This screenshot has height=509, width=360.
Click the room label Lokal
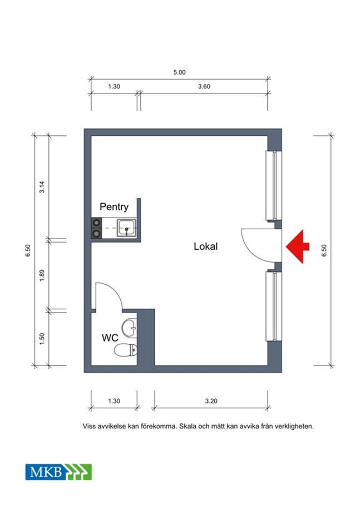(x=205, y=246)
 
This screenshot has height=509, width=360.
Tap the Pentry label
(x=114, y=207)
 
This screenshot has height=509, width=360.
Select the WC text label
(x=110, y=338)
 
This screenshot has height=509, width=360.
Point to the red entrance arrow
(x=297, y=246)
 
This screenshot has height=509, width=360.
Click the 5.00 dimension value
(x=179, y=72)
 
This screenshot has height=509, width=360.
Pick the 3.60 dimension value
(x=204, y=86)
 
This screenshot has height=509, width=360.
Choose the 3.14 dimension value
(x=42, y=187)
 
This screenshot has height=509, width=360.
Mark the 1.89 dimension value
(x=42, y=275)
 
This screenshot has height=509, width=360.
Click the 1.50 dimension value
(x=42, y=339)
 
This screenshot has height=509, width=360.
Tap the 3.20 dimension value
(x=211, y=401)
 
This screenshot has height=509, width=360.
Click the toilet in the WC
(x=125, y=350)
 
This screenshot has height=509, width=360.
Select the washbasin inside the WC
(x=129, y=328)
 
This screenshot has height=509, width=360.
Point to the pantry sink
(x=126, y=228)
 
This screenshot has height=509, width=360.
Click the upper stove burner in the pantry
(x=96, y=223)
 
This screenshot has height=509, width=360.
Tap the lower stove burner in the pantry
(x=96, y=233)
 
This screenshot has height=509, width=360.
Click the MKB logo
(x=58, y=472)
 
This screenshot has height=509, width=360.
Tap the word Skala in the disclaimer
(x=189, y=426)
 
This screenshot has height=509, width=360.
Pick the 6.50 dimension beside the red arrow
(x=324, y=250)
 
